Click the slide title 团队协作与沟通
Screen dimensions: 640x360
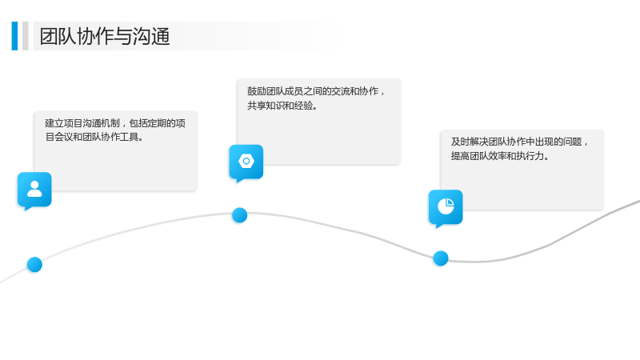coord(105,36)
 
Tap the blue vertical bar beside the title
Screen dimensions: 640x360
coord(14,36)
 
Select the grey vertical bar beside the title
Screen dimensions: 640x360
coord(26,36)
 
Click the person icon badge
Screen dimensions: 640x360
coord(34,190)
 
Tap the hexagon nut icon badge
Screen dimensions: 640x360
coord(246,163)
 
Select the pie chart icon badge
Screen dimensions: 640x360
coord(446,208)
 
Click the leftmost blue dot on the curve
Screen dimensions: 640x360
coord(34,265)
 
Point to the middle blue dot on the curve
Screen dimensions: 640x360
coord(239,215)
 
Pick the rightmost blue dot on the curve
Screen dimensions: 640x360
coord(441,258)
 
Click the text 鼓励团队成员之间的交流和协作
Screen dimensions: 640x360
coord(313,91)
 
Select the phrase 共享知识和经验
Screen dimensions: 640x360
coord(279,106)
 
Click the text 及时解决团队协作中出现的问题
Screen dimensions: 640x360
coord(516,142)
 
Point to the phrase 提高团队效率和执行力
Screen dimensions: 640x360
coord(497,156)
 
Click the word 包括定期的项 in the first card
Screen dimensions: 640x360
coord(157,123)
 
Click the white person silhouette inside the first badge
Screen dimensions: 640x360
coord(34,189)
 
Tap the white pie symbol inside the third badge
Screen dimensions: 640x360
coord(446,206)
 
